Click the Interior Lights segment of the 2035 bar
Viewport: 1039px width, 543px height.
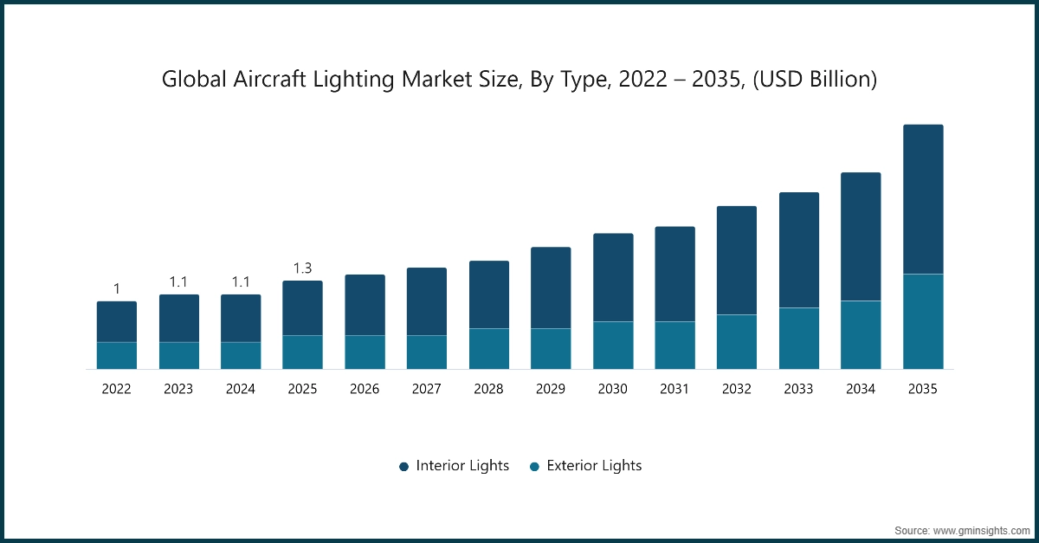923,199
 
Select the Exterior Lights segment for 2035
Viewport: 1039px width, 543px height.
923,321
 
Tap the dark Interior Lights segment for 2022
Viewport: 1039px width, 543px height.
117,322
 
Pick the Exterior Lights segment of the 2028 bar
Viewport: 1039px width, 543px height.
489,349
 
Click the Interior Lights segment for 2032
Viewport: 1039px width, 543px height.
737,261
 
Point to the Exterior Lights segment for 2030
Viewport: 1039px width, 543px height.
613,346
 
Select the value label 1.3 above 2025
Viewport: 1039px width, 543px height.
302,268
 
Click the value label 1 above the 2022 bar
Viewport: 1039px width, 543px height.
117,288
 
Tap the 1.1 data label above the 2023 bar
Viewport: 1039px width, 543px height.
178,281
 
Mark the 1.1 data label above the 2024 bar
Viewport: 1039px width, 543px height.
241,281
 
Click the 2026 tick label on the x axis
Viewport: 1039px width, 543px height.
365,390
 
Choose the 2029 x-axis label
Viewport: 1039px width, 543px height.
551,390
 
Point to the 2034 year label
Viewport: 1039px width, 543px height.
861,390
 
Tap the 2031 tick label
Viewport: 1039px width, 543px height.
674,390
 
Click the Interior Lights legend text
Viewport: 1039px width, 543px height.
462,466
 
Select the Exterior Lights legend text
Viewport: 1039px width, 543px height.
594,466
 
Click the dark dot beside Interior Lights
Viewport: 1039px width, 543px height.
403,467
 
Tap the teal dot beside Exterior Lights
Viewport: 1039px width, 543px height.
534,467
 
